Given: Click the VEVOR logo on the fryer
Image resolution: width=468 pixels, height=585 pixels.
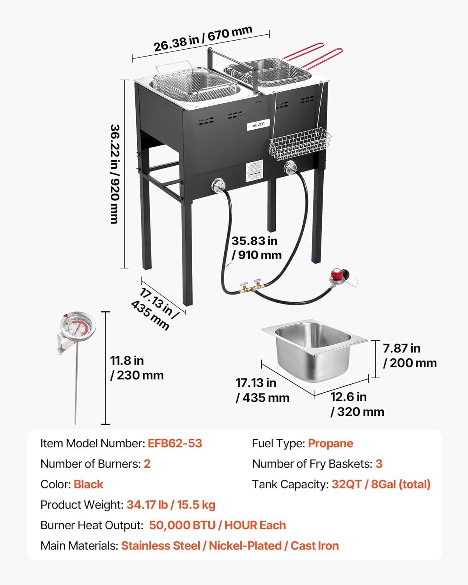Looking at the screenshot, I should [258, 124].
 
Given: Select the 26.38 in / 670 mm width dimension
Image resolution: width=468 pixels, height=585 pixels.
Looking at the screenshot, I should [203, 39].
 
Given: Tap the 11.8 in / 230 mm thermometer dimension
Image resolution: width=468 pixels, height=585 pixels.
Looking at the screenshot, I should [136, 368].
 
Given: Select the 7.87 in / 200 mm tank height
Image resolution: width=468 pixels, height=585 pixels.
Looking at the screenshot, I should [409, 355].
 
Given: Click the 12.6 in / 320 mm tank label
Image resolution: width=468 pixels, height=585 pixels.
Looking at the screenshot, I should [357, 404].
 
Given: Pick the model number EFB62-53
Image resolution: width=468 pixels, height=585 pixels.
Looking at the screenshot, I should [175, 443].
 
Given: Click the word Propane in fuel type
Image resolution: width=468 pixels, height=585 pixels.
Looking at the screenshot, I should [330, 443].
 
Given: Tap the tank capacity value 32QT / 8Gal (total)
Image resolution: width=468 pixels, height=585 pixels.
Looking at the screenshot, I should [381, 484].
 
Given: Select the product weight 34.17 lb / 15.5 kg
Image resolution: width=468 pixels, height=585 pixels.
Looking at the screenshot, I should [171, 505].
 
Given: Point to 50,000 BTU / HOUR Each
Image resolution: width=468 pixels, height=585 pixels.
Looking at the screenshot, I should [217, 525].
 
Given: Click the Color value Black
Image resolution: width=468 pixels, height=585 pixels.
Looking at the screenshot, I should [88, 484].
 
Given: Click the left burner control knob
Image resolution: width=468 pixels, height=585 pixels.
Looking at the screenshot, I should [218, 185].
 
